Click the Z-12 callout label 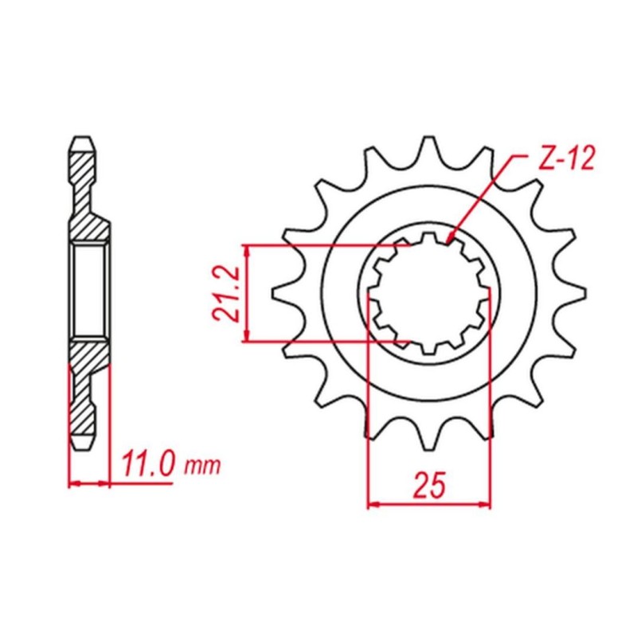(565, 159)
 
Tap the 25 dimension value (429, 485)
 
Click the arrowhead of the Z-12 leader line (451, 238)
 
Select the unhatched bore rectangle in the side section (88, 292)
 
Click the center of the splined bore (429, 293)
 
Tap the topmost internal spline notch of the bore (429, 237)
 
